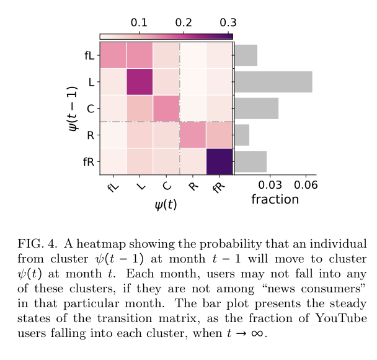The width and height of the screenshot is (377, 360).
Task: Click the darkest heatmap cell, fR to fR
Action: [x=220, y=161]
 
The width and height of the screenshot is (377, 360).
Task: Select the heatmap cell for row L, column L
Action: [x=140, y=82]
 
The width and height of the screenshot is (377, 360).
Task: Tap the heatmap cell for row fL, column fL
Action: [x=113, y=55]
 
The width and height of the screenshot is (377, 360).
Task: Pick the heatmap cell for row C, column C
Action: [x=166, y=109]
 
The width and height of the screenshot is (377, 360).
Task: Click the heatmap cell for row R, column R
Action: [x=193, y=135]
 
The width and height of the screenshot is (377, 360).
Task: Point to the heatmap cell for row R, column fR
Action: [x=220, y=135]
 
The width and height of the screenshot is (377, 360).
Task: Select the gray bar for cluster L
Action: [x=273, y=82]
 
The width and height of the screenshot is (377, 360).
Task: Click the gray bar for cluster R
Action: [x=242, y=135]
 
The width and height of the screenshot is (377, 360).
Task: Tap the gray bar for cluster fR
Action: [x=251, y=161]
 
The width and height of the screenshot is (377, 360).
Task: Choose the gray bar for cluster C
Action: [x=256, y=109]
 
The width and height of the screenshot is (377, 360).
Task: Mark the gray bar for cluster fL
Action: [x=246, y=55]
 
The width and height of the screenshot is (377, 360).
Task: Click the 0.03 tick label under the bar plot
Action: [x=270, y=186]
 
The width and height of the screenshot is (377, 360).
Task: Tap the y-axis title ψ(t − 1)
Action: [x=73, y=108]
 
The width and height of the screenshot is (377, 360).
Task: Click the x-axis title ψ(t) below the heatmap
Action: [x=166, y=204]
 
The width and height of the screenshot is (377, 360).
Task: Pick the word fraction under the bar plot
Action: [x=275, y=199]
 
